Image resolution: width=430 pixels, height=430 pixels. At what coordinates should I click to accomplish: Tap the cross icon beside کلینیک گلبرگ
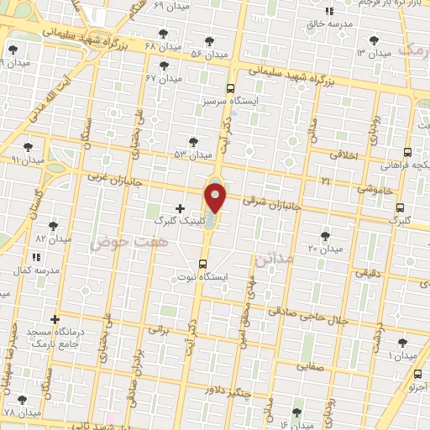pyautogui.click(x=180, y=208)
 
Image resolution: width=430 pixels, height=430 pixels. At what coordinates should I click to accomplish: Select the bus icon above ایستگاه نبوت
pyautogui.click(x=202, y=264)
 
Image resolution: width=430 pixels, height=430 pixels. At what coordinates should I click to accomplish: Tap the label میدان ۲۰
pyautogui.click(x=325, y=249)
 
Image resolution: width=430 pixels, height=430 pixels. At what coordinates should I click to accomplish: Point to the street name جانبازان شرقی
pyautogui.click(x=265, y=202)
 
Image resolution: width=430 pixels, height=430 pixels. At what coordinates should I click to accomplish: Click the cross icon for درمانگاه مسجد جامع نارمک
pyautogui.click(x=55, y=319)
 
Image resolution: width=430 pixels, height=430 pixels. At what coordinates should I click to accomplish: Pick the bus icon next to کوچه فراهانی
pyautogui.click(x=407, y=152)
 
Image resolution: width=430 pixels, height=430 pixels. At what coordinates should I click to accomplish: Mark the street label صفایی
pyautogui.click(x=310, y=366)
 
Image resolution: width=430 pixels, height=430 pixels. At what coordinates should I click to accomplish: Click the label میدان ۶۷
pyautogui.click(x=164, y=78)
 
